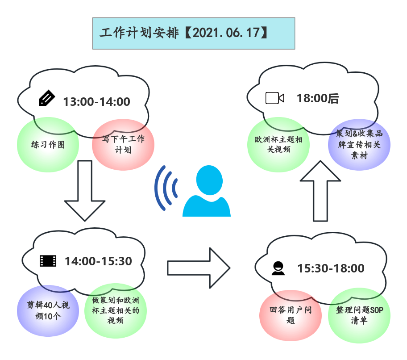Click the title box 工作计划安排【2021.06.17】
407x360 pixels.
[193, 33]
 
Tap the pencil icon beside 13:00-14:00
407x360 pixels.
[47, 98]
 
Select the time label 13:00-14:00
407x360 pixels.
[96, 102]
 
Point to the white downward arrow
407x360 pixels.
[85, 190]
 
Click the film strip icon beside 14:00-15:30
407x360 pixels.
[48, 261]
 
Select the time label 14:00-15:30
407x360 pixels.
[98, 261]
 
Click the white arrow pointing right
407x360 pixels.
[198, 268]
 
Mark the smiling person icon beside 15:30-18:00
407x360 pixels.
[278, 268]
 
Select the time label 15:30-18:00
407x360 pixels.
[331, 268]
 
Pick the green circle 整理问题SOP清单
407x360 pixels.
[359, 315]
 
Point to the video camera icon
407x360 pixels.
[274, 98]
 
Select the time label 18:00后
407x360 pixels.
[318, 99]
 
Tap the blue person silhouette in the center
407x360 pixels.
[207, 192]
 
